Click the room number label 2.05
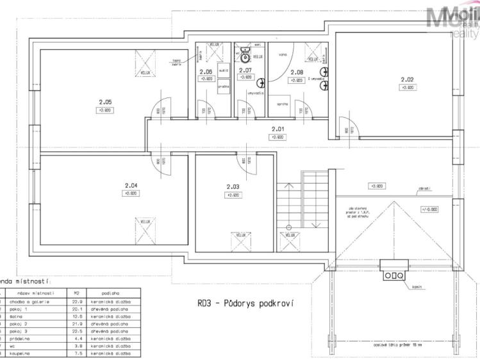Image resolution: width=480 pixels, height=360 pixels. pos(105,101)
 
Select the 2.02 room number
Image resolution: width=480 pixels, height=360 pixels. pos(407,79)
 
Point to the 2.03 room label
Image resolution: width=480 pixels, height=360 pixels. pos(233,186)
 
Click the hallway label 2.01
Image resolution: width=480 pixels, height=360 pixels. pos(277,128)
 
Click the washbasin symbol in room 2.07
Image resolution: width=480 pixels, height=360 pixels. pos(260,83)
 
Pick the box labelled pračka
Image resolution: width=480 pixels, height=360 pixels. pos(223,85)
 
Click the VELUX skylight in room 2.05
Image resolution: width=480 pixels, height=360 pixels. pos(145,64)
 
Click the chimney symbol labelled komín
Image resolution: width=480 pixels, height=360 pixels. pos(392,274)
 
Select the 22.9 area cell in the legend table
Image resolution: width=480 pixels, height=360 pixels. pos(77,301)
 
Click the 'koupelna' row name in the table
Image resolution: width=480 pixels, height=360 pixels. pos(22,353)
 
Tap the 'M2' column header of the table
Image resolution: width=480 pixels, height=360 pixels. pos(77,291)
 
